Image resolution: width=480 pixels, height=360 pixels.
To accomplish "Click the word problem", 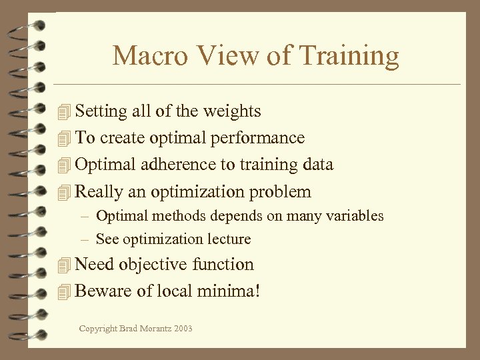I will coord(280,192).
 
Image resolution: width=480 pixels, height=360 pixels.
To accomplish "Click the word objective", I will coord(153,265).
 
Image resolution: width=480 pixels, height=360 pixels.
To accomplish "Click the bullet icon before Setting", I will coord(64,111).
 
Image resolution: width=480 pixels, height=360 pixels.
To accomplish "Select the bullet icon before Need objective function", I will coord(64,265).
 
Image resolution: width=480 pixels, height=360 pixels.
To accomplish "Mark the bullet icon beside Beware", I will coord(64,292).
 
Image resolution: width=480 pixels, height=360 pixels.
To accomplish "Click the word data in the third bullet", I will coord(319,165).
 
